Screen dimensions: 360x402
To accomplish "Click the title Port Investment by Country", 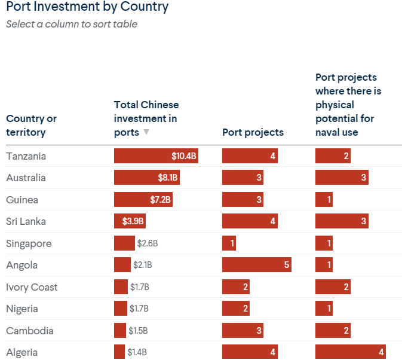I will pos(87,7).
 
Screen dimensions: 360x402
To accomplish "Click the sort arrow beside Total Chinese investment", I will pos(146,133).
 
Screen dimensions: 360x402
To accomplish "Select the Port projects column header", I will pos(253,132).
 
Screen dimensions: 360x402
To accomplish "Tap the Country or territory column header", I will pos(32,126).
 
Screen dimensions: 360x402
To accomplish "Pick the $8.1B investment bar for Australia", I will pos(147,178).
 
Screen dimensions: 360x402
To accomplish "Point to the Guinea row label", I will pos(22,200).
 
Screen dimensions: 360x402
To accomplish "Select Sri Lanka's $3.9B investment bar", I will pos(130,221).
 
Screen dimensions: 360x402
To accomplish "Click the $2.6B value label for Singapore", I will pos(147,243).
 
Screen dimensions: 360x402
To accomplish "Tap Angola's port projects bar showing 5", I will pos(257,265).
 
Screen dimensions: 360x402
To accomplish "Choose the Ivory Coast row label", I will pos(32,287).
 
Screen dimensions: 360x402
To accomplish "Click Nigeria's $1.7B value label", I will pos(139,309).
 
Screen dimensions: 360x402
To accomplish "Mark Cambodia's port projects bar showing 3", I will pos(243,331).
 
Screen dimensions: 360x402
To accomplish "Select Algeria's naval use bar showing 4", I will pos(351,352).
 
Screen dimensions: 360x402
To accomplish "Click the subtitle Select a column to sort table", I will pos(72,25).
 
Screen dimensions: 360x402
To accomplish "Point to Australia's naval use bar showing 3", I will pos(342,178).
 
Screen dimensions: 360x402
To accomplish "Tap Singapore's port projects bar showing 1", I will pos(229,243).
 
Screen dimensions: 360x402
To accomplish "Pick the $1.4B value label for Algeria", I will pos(137,352).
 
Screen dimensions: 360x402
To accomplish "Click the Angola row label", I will pos(22,265).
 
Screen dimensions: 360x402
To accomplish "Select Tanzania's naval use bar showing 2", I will pos(333,156).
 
